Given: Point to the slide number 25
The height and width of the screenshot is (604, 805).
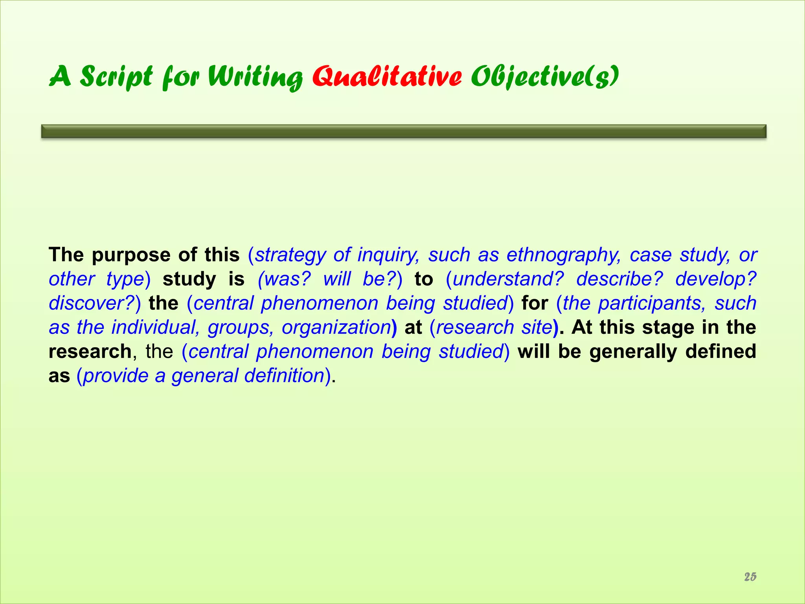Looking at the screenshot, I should (750, 576).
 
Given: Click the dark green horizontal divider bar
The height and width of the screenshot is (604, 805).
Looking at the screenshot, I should (404, 131).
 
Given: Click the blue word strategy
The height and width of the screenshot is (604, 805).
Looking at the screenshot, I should (291, 255).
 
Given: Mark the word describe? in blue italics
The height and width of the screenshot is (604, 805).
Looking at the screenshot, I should (619, 279).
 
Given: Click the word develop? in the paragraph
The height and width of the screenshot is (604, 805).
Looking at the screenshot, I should (716, 279).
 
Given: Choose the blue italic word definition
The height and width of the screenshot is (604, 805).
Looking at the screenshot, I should (284, 376).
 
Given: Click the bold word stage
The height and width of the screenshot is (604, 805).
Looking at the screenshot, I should (669, 327).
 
